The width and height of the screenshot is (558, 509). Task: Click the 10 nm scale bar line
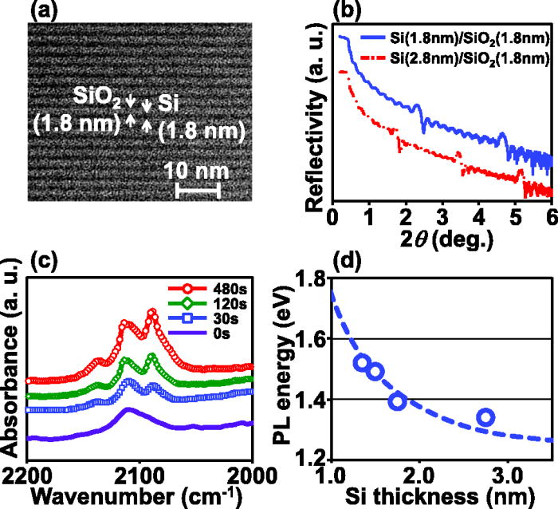point(197,190)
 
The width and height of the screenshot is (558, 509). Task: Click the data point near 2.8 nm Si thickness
point(485,417)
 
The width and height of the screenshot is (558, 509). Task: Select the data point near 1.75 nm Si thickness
point(397,401)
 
